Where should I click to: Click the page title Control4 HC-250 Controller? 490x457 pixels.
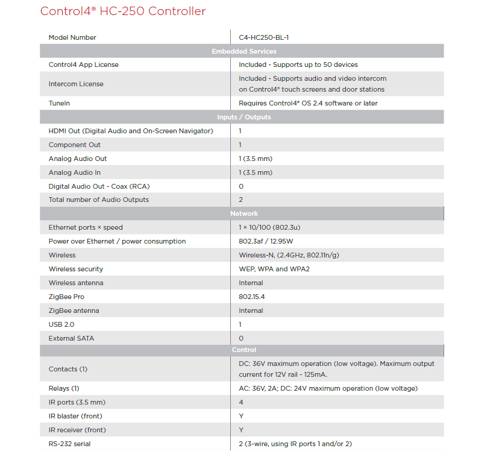tap(123, 11)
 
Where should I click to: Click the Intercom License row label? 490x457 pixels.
tap(76, 84)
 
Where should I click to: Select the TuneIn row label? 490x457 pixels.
tap(59, 103)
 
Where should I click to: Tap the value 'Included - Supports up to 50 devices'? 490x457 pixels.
tap(298, 65)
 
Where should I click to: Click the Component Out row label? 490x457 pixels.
tap(75, 145)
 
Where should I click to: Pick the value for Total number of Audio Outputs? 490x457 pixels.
tap(240, 200)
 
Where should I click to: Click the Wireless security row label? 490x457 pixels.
tap(76, 269)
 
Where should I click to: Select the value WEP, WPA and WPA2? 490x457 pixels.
tap(274, 269)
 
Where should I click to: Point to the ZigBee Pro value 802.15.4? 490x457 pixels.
tap(251, 297)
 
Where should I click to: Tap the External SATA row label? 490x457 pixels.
tap(71, 338)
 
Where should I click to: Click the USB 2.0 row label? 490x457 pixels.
tap(61, 324)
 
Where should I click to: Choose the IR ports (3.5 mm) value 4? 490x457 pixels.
tap(240, 402)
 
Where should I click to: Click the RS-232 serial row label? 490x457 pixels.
tap(69, 444)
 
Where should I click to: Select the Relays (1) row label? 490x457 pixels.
tap(64, 388)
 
